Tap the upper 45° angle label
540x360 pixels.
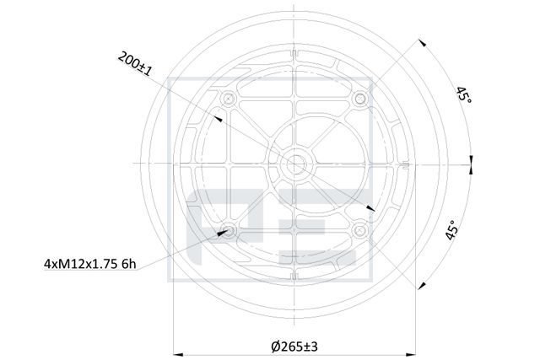[x=463, y=95]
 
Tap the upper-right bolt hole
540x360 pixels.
[x=360, y=99]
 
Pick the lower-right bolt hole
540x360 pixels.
[x=360, y=229]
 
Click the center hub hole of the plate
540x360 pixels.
[x=294, y=164]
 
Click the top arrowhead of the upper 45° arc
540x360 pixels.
[x=419, y=41]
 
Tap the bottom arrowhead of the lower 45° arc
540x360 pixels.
[x=419, y=286]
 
